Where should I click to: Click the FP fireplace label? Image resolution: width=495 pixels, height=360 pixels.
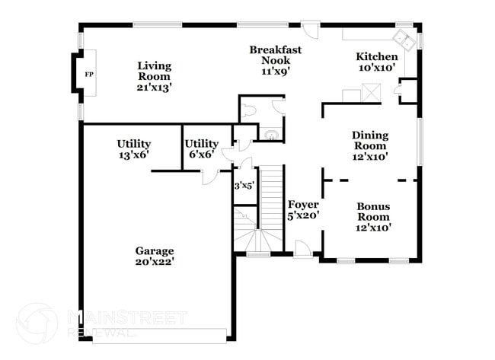(88, 75)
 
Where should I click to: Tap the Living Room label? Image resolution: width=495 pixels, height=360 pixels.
(155, 76)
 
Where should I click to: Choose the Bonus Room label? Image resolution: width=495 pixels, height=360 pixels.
(373, 217)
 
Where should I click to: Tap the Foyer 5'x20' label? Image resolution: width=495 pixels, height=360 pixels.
(303, 210)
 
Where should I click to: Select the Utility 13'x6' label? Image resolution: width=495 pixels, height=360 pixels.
(133, 148)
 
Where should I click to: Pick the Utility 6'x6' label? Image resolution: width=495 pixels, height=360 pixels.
(202, 148)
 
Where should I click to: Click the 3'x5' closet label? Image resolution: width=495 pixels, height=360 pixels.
(244, 185)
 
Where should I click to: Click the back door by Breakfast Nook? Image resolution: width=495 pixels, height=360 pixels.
(311, 30)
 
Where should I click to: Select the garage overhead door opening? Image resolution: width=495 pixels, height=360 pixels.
(159, 333)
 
